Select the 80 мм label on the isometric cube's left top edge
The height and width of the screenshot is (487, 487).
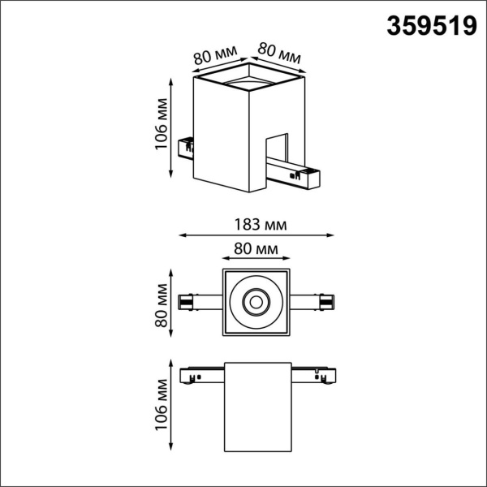[215, 57]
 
